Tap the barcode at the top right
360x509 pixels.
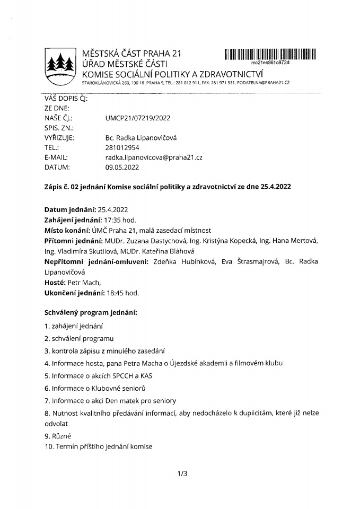tap(270, 54)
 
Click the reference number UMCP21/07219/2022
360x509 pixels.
tap(138, 118)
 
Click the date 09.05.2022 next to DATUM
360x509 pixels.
tap(122, 167)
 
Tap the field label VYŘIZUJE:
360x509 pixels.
tap(59, 138)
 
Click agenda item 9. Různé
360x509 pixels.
tap(59, 436)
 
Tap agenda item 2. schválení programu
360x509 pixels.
tap(80, 338)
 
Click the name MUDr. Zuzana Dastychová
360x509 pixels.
tap(141, 242)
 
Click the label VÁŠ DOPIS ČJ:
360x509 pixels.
tap(66, 98)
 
